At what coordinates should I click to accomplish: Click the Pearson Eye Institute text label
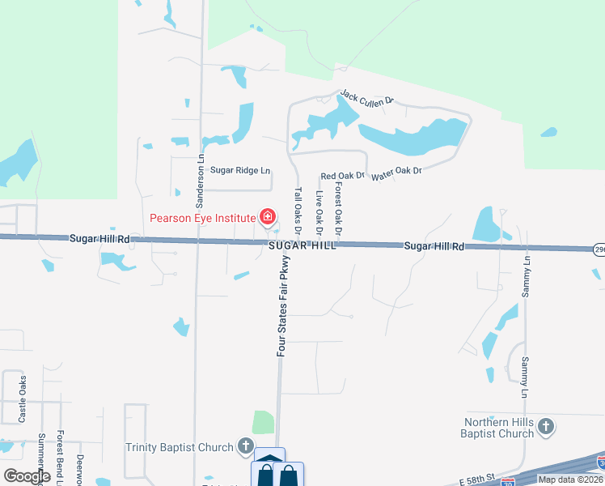(x=202, y=218)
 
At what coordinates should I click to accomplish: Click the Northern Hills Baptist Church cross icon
(x=546, y=426)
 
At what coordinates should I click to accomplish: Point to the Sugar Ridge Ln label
(x=240, y=171)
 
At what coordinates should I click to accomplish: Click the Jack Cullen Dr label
(x=366, y=98)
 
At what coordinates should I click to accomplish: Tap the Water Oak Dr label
(x=397, y=173)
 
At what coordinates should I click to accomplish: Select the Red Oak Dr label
(x=343, y=176)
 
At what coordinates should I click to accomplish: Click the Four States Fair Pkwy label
(x=283, y=306)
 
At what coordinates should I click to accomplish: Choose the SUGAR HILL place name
(x=302, y=245)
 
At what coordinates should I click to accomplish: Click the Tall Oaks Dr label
(x=298, y=211)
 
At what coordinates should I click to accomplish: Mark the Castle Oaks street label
(x=23, y=399)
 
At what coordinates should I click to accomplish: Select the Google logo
(x=27, y=476)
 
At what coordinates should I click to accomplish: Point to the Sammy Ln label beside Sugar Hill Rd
(x=527, y=275)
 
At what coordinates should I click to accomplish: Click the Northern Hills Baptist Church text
(x=499, y=428)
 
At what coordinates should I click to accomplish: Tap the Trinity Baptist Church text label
(x=180, y=446)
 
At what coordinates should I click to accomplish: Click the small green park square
(x=263, y=423)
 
